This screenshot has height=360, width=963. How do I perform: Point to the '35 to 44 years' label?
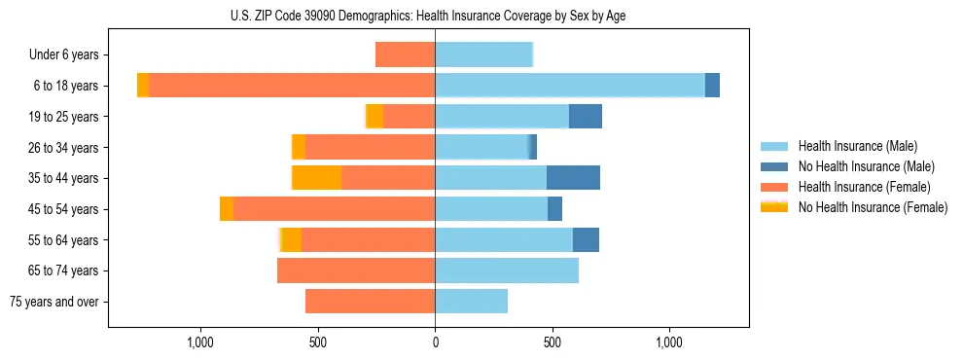coord(63,178)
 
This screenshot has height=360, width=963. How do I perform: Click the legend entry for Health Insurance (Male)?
coord(857,146)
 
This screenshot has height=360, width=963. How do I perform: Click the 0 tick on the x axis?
coord(435,343)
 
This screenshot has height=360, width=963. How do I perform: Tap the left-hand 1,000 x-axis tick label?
coord(200,343)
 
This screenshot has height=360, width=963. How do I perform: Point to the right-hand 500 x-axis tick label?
coord(553,343)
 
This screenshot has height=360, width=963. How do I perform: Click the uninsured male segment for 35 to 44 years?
coord(573,178)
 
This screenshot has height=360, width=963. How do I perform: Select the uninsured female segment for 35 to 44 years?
coord(317,178)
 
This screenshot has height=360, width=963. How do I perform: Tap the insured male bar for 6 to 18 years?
coord(570,86)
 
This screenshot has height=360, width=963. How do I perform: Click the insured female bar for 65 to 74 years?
coord(356,270)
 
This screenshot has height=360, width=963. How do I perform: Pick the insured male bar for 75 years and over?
coord(471,302)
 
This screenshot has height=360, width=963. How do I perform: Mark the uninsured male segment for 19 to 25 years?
coord(586,117)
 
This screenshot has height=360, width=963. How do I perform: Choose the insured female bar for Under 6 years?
coord(405,54)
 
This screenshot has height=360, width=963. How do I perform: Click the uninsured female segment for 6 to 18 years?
coord(143,86)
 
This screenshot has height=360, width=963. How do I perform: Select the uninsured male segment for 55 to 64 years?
coord(586,239)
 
